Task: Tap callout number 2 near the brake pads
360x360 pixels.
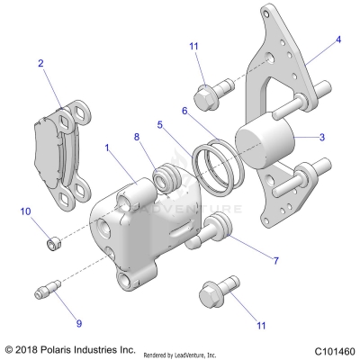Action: coord(40,63)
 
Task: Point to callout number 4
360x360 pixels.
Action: coord(338,40)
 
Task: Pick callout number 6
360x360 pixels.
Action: coord(184,110)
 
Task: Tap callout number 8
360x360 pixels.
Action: coord(137,137)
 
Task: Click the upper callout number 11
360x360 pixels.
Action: coord(193,46)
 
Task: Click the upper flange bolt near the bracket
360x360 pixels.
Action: coord(210,92)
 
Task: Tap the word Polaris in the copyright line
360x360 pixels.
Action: coord(61,349)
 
